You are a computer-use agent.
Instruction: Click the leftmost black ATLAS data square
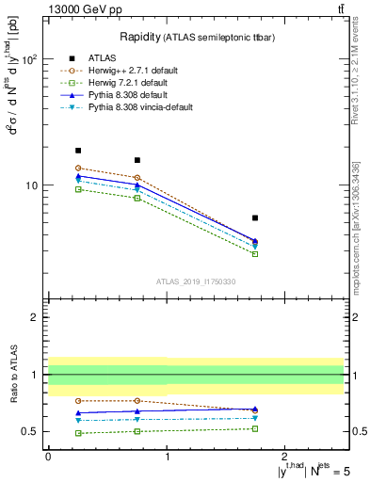pos(78,150)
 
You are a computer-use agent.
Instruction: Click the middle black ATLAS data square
pos(137,160)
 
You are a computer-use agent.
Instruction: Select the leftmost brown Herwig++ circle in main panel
pos(78,168)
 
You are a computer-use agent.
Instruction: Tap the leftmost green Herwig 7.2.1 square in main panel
pos(78,189)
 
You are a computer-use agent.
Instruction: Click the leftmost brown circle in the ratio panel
pos(78,401)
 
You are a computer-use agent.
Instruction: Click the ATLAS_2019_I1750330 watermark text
pos(196,281)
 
